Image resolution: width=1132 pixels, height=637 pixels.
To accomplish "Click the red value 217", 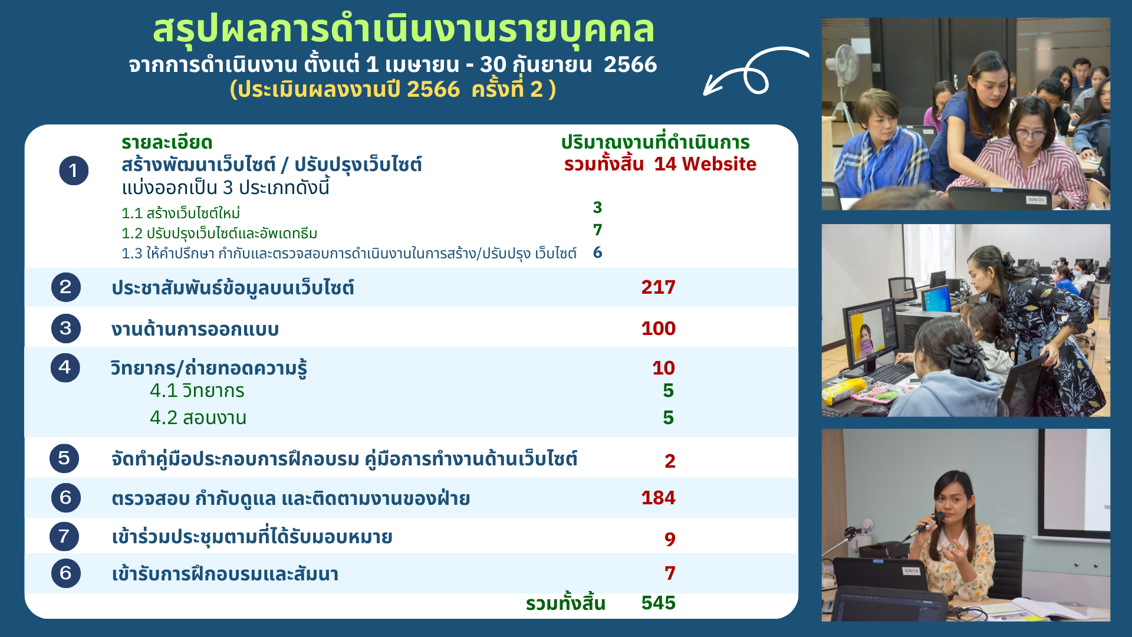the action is [x=658, y=287].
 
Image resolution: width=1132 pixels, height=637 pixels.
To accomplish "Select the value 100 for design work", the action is [x=658, y=329].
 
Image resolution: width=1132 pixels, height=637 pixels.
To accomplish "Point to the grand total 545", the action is [x=658, y=603].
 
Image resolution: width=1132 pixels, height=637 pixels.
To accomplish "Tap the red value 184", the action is [x=658, y=498].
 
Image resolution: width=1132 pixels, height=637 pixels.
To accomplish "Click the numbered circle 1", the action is [x=74, y=170].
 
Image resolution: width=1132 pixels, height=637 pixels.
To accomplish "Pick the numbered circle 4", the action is [x=65, y=367].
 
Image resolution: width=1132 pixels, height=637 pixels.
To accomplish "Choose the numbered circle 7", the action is [x=64, y=537].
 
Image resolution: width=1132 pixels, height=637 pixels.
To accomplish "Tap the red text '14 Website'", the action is [x=705, y=164].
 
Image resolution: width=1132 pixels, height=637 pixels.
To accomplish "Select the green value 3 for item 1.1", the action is [x=597, y=208].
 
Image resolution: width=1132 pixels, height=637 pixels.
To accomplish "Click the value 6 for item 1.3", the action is [x=597, y=252].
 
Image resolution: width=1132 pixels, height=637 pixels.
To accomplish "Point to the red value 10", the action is [x=663, y=368].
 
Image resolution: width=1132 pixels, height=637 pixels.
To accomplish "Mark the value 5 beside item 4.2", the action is [x=668, y=418].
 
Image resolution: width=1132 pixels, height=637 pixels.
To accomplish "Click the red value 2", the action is [x=670, y=461].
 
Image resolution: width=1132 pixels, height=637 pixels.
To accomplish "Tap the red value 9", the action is [x=670, y=539].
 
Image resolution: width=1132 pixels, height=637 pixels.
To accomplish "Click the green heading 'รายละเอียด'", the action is [x=167, y=143].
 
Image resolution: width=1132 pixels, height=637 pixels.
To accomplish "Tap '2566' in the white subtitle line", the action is [x=630, y=64].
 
